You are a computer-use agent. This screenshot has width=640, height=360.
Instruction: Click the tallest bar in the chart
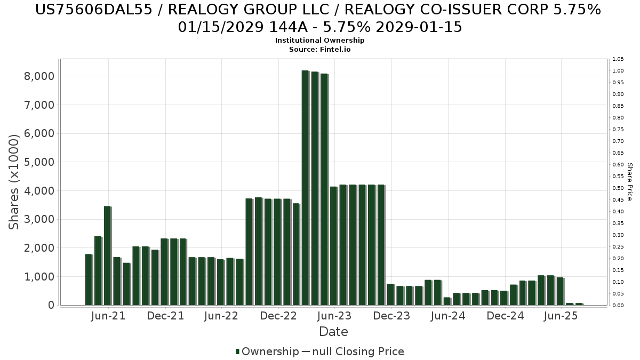click(x=305, y=187)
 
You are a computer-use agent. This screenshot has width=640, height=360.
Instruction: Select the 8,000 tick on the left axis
click(x=39, y=76)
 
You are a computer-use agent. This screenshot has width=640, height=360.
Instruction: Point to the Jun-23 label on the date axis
click(x=334, y=316)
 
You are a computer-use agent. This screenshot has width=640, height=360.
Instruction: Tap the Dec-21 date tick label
click(x=165, y=316)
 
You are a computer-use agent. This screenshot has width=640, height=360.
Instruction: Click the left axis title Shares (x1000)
click(x=14, y=182)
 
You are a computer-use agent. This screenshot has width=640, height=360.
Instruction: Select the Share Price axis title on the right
click(x=629, y=182)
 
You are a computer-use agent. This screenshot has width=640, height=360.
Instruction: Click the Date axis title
click(x=333, y=332)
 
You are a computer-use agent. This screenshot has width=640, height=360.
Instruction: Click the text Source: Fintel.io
click(x=319, y=49)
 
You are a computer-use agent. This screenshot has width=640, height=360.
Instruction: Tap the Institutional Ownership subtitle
click(x=319, y=41)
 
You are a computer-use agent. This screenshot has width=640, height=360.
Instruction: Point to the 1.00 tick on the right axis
click(x=618, y=71)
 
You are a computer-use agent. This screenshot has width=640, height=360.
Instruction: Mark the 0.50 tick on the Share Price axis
click(x=618, y=188)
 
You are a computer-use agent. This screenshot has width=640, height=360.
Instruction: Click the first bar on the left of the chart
click(x=89, y=279)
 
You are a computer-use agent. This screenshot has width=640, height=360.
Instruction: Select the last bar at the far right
click(x=579, y=304)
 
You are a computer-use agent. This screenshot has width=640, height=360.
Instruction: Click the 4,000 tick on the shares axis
click(x=39, y=191)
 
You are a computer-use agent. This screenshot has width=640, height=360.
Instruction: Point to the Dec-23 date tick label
click(x=391, y=316)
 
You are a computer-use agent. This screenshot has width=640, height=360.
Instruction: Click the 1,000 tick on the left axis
click(x=39, y=277)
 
